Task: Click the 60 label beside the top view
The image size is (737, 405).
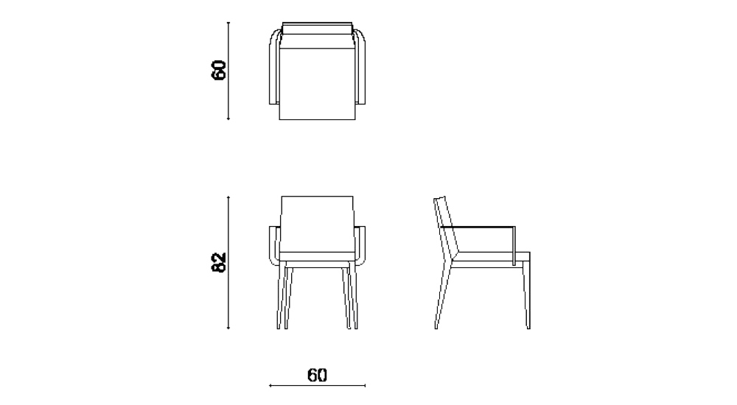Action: [x=219, y=71]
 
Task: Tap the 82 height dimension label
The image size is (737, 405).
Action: [x=219, y=262]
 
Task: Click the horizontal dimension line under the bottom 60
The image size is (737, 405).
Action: [x=318, y=385]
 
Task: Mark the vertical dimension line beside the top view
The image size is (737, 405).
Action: [x=229, y=71]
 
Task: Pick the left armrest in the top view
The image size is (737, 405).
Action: [x=273, y=70]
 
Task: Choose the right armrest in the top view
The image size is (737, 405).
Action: [x=362, y=70]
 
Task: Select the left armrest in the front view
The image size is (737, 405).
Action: [x=276, y=247]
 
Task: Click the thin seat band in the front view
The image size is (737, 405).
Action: [x=318, y=258]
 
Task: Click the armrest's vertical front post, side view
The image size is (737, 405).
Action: [x=514, y=244]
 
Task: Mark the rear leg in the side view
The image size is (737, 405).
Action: [x=442, y=295]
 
